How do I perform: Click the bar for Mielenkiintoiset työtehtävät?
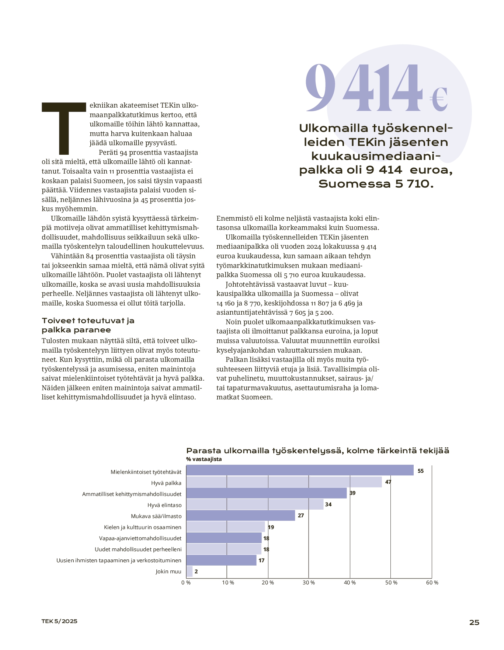tap(300, 471)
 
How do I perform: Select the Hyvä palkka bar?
tap(284, 482)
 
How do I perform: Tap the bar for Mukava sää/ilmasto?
tap(241, 516)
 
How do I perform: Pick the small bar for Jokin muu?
tap(190, 572)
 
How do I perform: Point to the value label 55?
tap(421, 471)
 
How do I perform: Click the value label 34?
tap(328, 504)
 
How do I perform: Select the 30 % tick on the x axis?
tap(309, 583)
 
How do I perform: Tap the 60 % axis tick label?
tap(432, 583)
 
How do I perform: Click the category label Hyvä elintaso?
tap(164, 505)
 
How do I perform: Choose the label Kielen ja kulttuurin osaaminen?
tap(143, 527)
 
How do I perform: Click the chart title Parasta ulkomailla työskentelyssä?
tap(317, 451)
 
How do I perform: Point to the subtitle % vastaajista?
tap(204, 459)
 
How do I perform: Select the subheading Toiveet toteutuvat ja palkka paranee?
tap(88, 325)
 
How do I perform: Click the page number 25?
tap(474, 622)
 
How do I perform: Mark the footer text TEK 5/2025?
tap(59, 621)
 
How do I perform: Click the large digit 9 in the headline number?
tap(320, 88)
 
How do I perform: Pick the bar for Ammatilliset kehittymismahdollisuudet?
tap(267, 493)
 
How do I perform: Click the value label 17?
tap(261, 560)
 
